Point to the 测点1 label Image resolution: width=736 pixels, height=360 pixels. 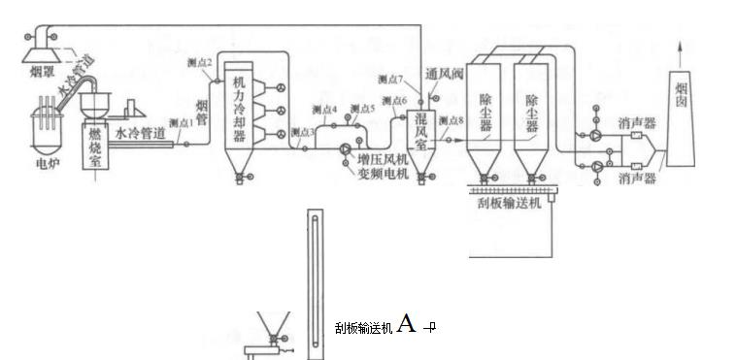[x=182, y=123]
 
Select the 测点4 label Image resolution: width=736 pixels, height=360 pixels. [x=323, y=111]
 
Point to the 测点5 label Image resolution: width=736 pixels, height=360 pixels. [x=361, y=109]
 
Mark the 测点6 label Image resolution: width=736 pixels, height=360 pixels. [x=393, y=101]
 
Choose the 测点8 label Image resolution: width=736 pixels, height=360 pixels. [x=452, y=120]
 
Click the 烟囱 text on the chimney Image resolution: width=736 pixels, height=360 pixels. [x=683, y=100]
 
